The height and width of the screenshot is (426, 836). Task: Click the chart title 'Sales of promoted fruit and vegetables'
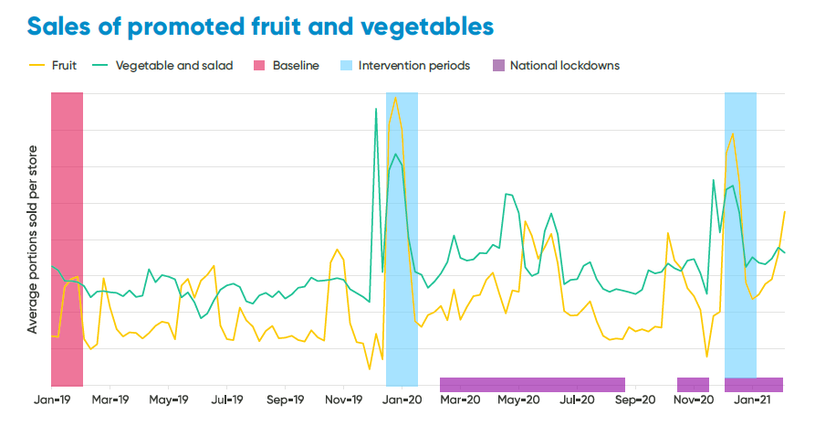coord(260,26)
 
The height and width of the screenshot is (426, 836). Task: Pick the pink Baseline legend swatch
coord(260,66)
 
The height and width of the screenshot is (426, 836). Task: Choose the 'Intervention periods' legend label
coord(414,66)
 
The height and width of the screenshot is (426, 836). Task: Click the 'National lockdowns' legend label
coord(565,66)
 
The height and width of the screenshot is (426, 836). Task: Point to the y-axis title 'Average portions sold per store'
coord(33,239)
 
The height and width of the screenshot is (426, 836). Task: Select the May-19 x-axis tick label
coord(168,399)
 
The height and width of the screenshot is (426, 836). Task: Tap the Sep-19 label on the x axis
coord(285,399)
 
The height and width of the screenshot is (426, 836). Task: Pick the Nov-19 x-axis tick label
coord(344,399)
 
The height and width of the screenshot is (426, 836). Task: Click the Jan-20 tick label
coord(402,399)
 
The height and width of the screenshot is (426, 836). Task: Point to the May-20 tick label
coord(519,399)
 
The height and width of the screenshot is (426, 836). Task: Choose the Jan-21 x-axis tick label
coord(753,399)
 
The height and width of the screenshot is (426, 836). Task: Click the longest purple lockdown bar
coord(532,384)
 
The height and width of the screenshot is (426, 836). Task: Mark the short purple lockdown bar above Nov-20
coord(693,384)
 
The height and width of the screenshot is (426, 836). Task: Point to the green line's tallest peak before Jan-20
coord(376,109)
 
